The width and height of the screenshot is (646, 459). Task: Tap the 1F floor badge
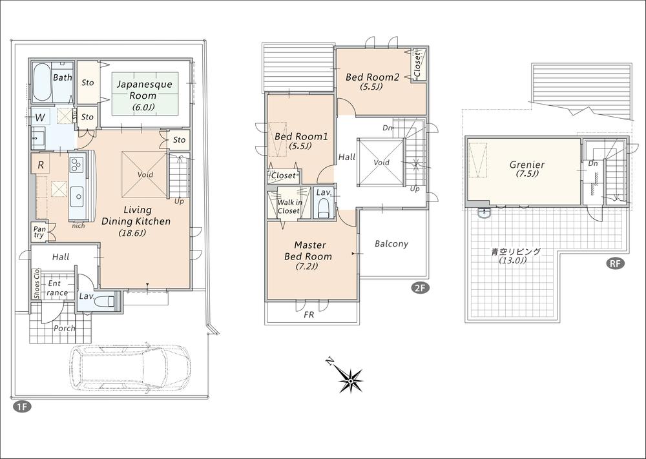click(21, 407)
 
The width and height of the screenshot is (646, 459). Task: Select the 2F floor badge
click(419, 289)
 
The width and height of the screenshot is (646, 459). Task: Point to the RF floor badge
click(614, 263)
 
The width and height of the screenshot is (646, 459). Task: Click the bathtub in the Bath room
click(42, 82)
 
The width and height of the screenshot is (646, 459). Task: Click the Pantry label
click(39, 231)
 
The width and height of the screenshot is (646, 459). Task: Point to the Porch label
click(64, 328)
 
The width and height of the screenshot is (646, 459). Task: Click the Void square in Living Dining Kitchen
click(144, 174)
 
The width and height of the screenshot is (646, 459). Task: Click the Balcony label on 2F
click(391, 243)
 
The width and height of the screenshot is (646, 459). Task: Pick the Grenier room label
click(526, 169)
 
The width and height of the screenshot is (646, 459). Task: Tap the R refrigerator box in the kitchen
click(41, 165)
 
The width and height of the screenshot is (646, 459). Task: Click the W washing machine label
click(40, 117)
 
